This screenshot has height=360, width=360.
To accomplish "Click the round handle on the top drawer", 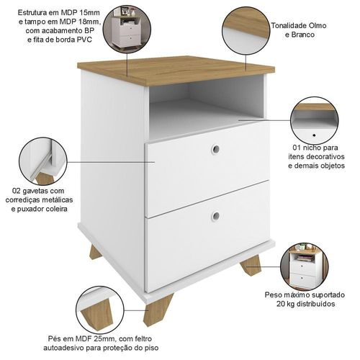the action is point(215,149).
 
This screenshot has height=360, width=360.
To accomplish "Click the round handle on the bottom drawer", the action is point(216,215).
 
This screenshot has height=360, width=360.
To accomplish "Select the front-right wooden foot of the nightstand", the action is point(251,265).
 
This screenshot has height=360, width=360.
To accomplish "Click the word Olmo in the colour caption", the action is point(318,25).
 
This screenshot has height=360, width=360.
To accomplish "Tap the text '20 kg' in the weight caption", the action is point(286,304).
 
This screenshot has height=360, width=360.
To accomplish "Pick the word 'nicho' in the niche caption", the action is point(311,148).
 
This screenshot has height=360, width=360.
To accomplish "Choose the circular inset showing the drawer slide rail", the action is point(43,161).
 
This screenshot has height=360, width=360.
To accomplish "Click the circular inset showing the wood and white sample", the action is point(246,31).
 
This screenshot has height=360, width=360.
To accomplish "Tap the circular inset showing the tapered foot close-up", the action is point(100,310).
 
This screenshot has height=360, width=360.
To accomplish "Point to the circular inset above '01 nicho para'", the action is point(314,120).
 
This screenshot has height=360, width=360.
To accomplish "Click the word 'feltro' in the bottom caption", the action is point(142,338).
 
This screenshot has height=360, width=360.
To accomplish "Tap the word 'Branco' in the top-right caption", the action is point(303,35).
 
